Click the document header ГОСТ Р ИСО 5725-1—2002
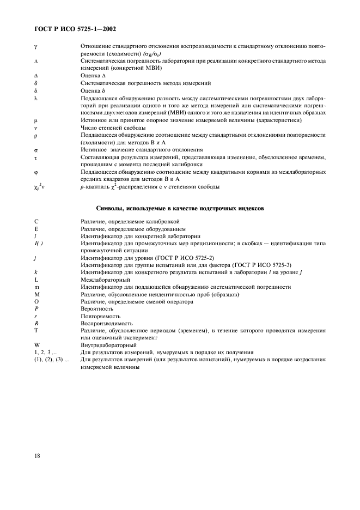(72, 28)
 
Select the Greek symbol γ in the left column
(35, 47)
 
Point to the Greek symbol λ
(35, 98)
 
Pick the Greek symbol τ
(35, 157)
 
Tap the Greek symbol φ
(35, 172)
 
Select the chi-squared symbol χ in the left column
(35, 187)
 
